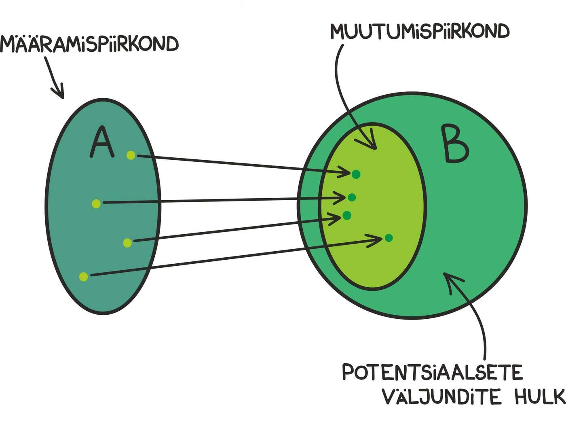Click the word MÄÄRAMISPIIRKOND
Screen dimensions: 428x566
click(x=89, y=44)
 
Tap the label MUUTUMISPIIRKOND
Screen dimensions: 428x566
click(x=420, y=32)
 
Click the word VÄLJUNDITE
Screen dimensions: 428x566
click(x=441, y=396)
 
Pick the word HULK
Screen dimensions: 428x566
click(x=540, y=396)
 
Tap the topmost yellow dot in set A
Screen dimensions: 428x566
click(x=131, y=155)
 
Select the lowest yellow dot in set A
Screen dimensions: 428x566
click(x=84, y=277)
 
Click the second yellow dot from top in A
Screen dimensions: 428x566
click(x=96, y=203)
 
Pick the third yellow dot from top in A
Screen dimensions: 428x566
click(x=127, y=243)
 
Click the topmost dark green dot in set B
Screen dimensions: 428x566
click(x=356, y=174)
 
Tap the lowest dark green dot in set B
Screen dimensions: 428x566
click(x=389, y=238)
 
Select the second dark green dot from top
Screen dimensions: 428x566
click(x=352, y=197)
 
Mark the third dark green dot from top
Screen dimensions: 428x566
click(x=347, y=215)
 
